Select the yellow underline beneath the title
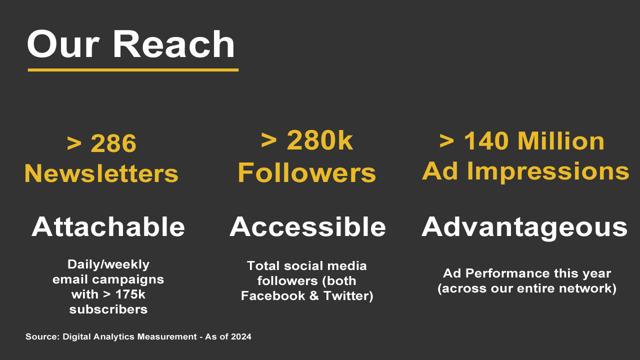click(x=133, y=70)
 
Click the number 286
click(x=113, y=144)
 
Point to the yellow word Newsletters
click(x=101, y=173)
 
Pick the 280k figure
click(x=319, y=141)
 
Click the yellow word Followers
click(x=306, y=173)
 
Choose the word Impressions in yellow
click(x=548, y=171)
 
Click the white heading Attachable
click(x=108, y=227)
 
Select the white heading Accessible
click(x=307, y=227)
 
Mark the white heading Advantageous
click(x=524, y=227)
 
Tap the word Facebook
click(x=273, y=295)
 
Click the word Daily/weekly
click(x=108, y=264)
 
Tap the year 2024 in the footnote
click(x=241, y=337)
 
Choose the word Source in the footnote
click(x=41, y=337)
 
